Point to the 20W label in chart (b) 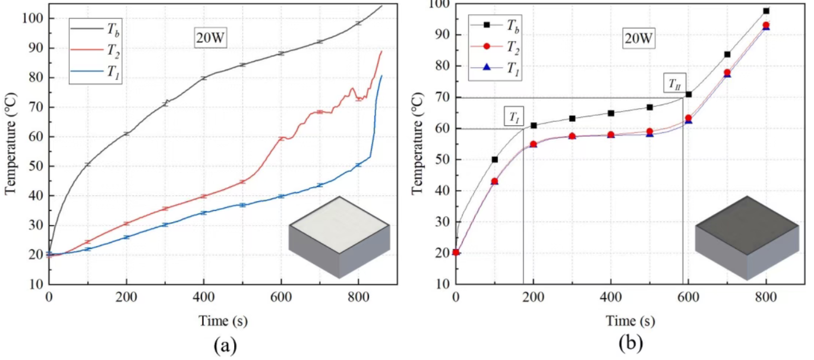(639, 39)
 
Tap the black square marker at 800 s (766, 11)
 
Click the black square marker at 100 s (494, 159)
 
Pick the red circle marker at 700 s (727, 72)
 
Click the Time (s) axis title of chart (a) (223, 321)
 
